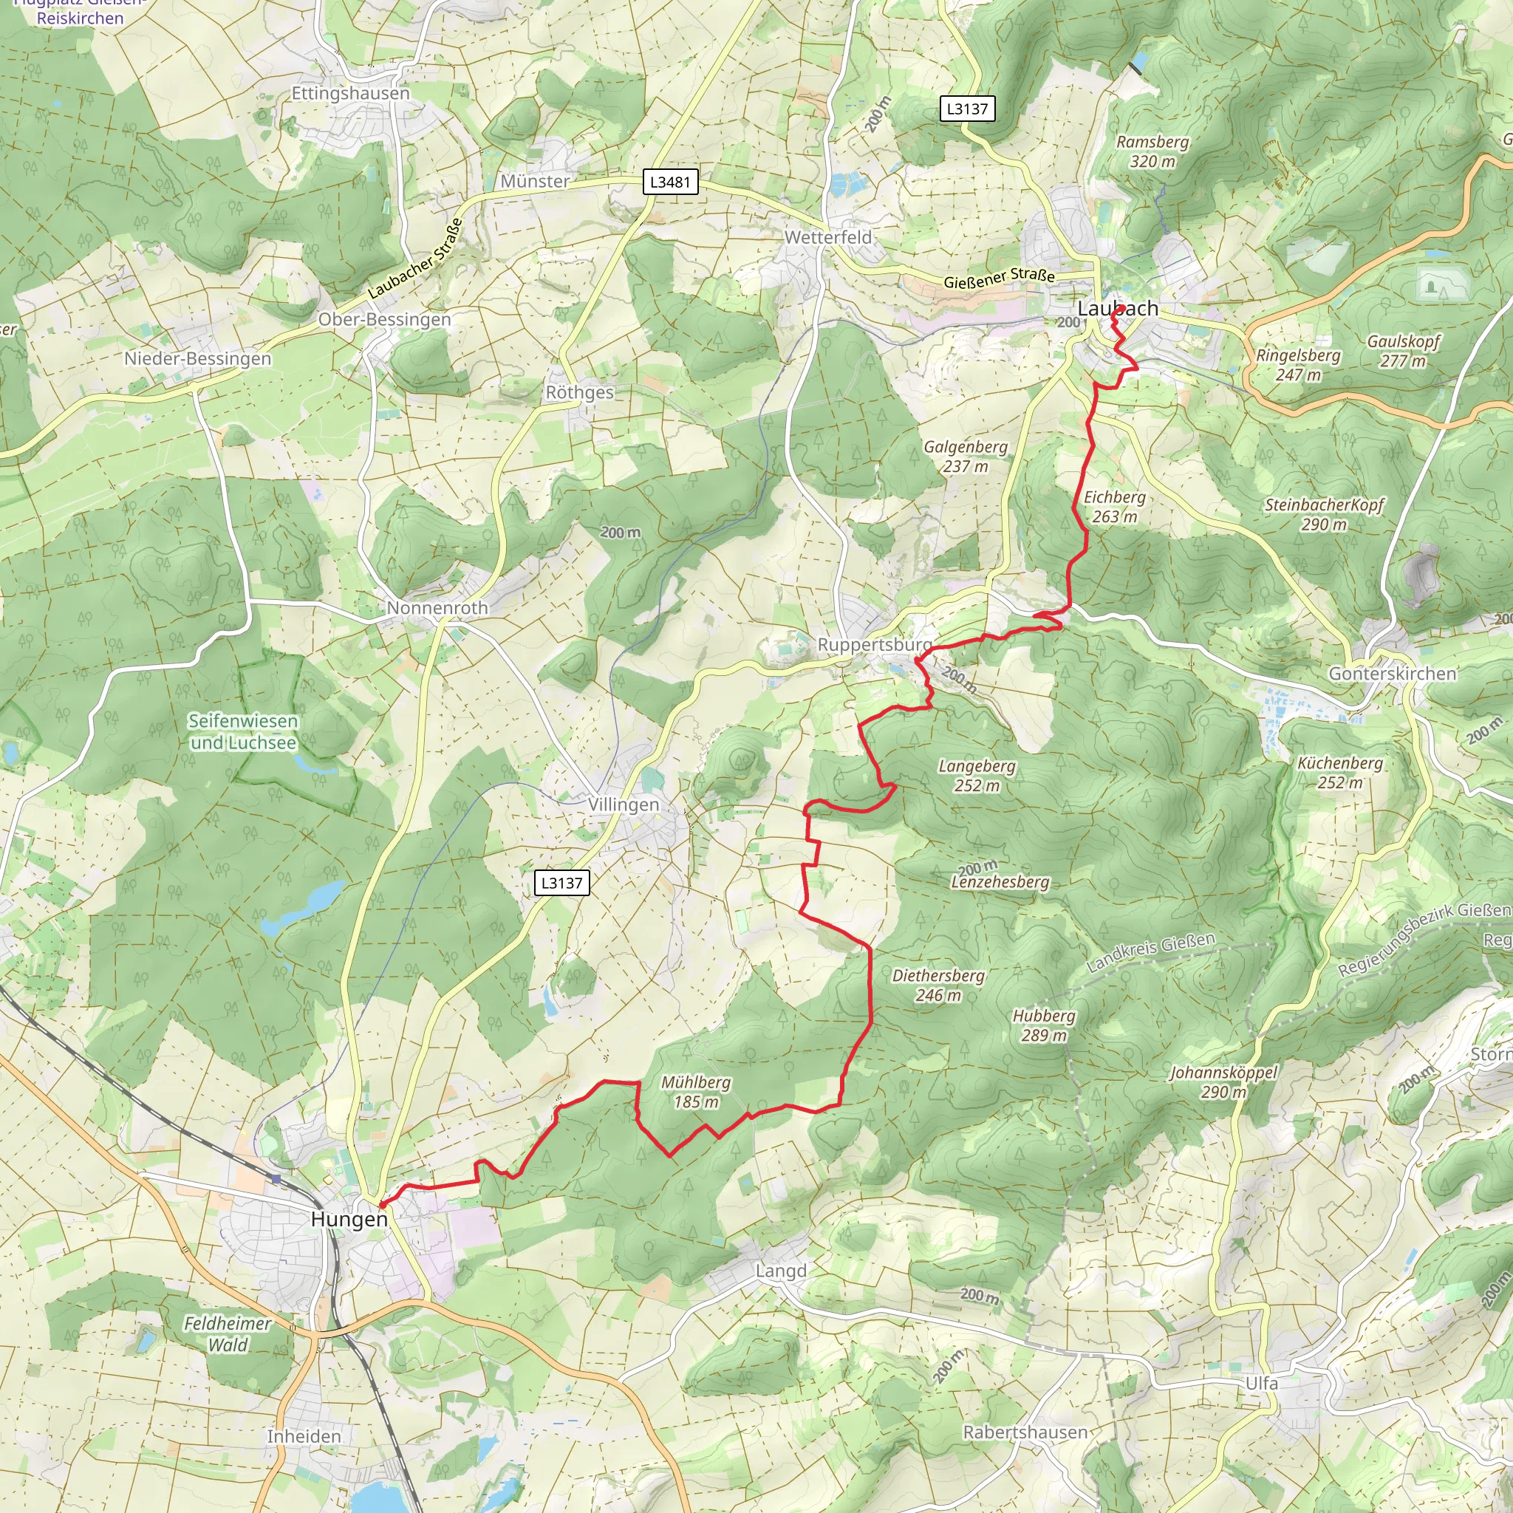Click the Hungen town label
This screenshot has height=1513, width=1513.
pyautogui.click(x=349, y=1219)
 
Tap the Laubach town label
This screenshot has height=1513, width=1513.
pyautogui.click(x=1118, y=309)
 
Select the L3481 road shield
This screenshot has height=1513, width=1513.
pyautogui.click(x=670, y=182)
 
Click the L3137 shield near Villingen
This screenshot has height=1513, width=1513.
pyautogui.click(x=561, y=883)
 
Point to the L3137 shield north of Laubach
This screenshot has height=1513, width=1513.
pyautogui.click(x=967, y=109)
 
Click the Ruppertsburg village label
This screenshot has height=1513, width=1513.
pyautogui.click(x=875, y=644)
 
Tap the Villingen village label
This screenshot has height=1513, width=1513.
pyautogui.click(x=624, y=805)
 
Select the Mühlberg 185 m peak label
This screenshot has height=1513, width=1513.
pyautogui.click(x=696, y=1092)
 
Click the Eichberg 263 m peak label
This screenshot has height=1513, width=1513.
pyautogui.click(x=1114, y=507)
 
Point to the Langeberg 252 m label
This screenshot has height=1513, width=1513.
pyautogui.click(x=977, y=775)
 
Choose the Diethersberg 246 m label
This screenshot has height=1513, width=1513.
pyautogui.click(x=938, y=986)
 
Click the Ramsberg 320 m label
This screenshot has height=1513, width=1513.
pyautogui.click(x=1152, y=151)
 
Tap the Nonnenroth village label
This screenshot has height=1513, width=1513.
pyautogui.click(x=437, y=608)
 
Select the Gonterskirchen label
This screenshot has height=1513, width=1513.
pyautogui.click(x=1393, y=674)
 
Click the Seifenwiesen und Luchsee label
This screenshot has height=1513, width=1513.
pyautogui.click(x=244, y=731)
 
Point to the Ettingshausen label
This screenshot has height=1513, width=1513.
pyautogui.click(x=350, y=93)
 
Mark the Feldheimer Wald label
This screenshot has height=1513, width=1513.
pyautogui.click(x=227, y=1333)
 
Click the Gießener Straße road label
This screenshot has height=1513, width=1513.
pyautogui.click(x=999, y=277)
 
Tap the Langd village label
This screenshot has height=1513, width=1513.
pyautogui.click(x=780, y=1271)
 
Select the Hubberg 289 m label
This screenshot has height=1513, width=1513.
pyautogui.click(x=1044, y=1025)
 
